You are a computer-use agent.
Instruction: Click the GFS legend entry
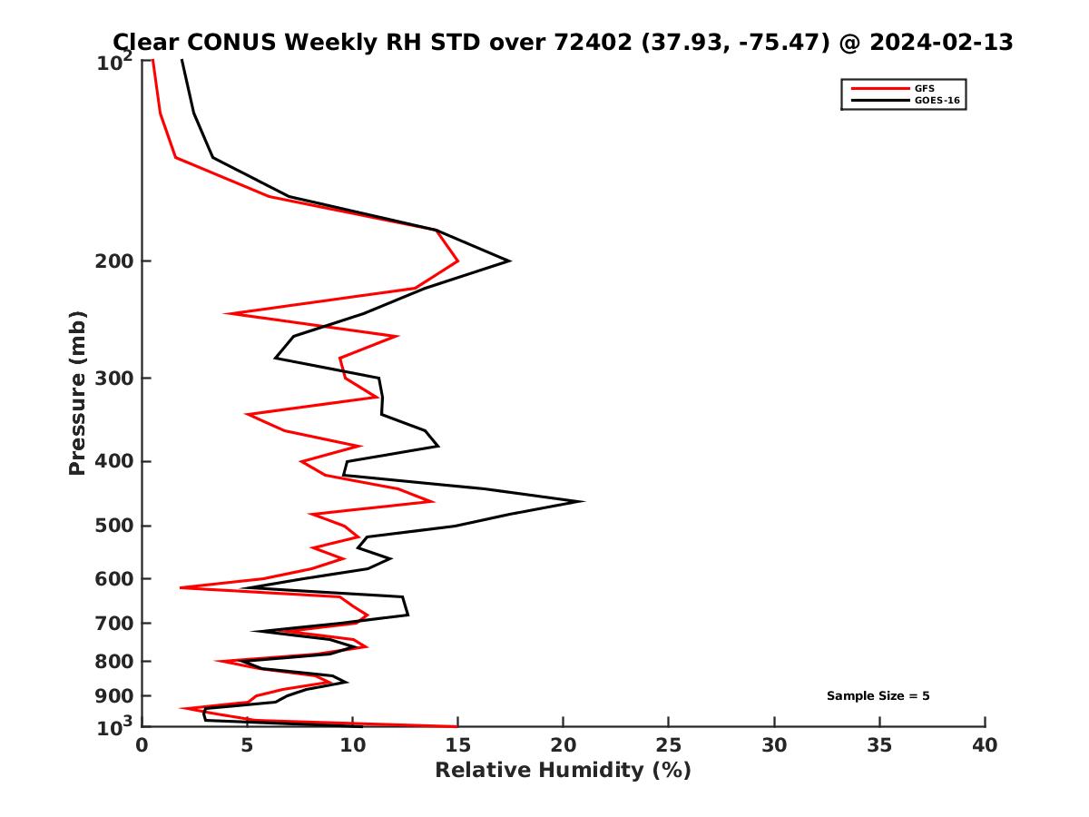(x=926, y=89)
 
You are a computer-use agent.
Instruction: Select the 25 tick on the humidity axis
(x=669, y=745)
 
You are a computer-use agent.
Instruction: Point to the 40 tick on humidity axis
(x=985, y=745)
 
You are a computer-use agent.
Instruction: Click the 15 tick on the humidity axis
(x=457, y=745)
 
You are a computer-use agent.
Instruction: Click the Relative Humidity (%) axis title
(x=563, y=771)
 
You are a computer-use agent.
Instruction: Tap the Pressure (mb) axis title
(x=77, y=392)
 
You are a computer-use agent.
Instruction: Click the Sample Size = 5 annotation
(x=878, y=696)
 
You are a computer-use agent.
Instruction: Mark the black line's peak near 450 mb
(x=583, y=501)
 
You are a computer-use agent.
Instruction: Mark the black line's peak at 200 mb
(x=509, y=261)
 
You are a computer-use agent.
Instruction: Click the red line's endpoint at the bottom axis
(x=457, y=726)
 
